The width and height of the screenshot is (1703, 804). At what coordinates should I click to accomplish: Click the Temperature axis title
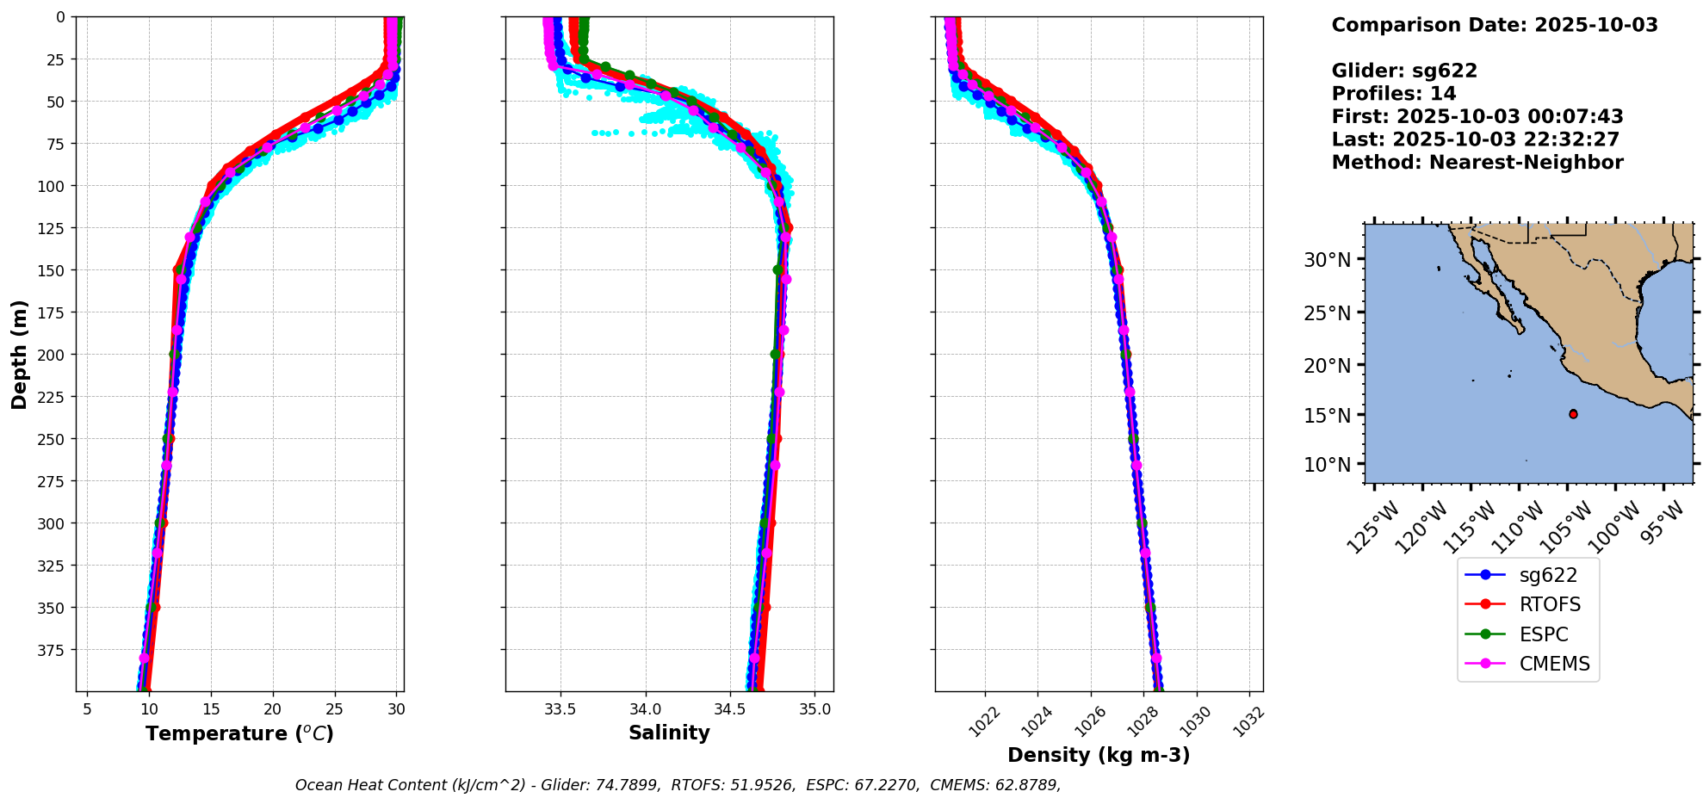pyautogui.click(x=239, y=733)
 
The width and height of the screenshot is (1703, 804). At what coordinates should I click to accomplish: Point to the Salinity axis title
pyautogui.click(x=669, y=733)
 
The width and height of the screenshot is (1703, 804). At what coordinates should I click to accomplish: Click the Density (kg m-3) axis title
pyautogui.click(x=1099, y=755)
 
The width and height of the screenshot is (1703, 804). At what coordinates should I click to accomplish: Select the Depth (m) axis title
pyautogui.click(x=19, y=354)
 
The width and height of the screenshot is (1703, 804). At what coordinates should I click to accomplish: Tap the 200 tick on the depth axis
pyautogui.click(x=53, y=355)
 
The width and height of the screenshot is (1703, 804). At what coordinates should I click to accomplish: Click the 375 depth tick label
pyautogui.click(x=53, y=650)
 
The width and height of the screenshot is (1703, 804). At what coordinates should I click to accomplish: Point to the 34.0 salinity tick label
pyautogui.click(x=645, y=709)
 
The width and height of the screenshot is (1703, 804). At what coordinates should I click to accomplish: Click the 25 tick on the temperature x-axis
pyautogui.click(x=334, y=709)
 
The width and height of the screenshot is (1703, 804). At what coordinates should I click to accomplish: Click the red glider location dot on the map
pyautogui.click(x=1573, y=414)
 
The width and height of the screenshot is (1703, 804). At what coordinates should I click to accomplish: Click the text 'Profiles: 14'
pyautogui.click(x=1393, y=94)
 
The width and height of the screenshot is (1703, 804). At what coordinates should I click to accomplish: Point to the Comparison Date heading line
pyautogui.click(x=1494, y=25)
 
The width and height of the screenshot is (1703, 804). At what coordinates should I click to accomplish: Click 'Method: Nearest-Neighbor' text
pyautogui.click(x=1477, y=163)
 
